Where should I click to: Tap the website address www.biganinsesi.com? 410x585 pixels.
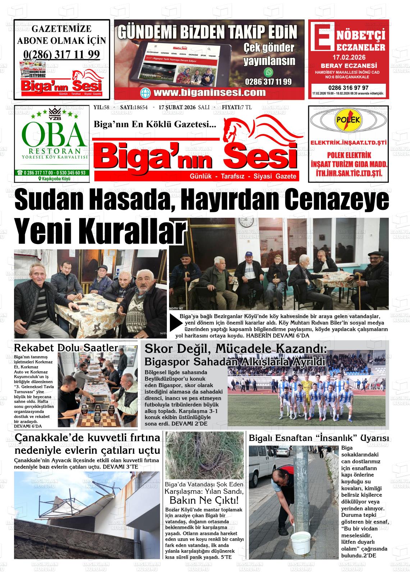(x=209, y=93)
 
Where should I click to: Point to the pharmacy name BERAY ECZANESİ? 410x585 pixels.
(x=348, y=66)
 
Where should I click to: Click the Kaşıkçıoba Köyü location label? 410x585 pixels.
(x=54, y=179)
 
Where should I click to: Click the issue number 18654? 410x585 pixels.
(x=141, y=107)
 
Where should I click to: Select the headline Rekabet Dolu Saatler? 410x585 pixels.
(x=66, y=347)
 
